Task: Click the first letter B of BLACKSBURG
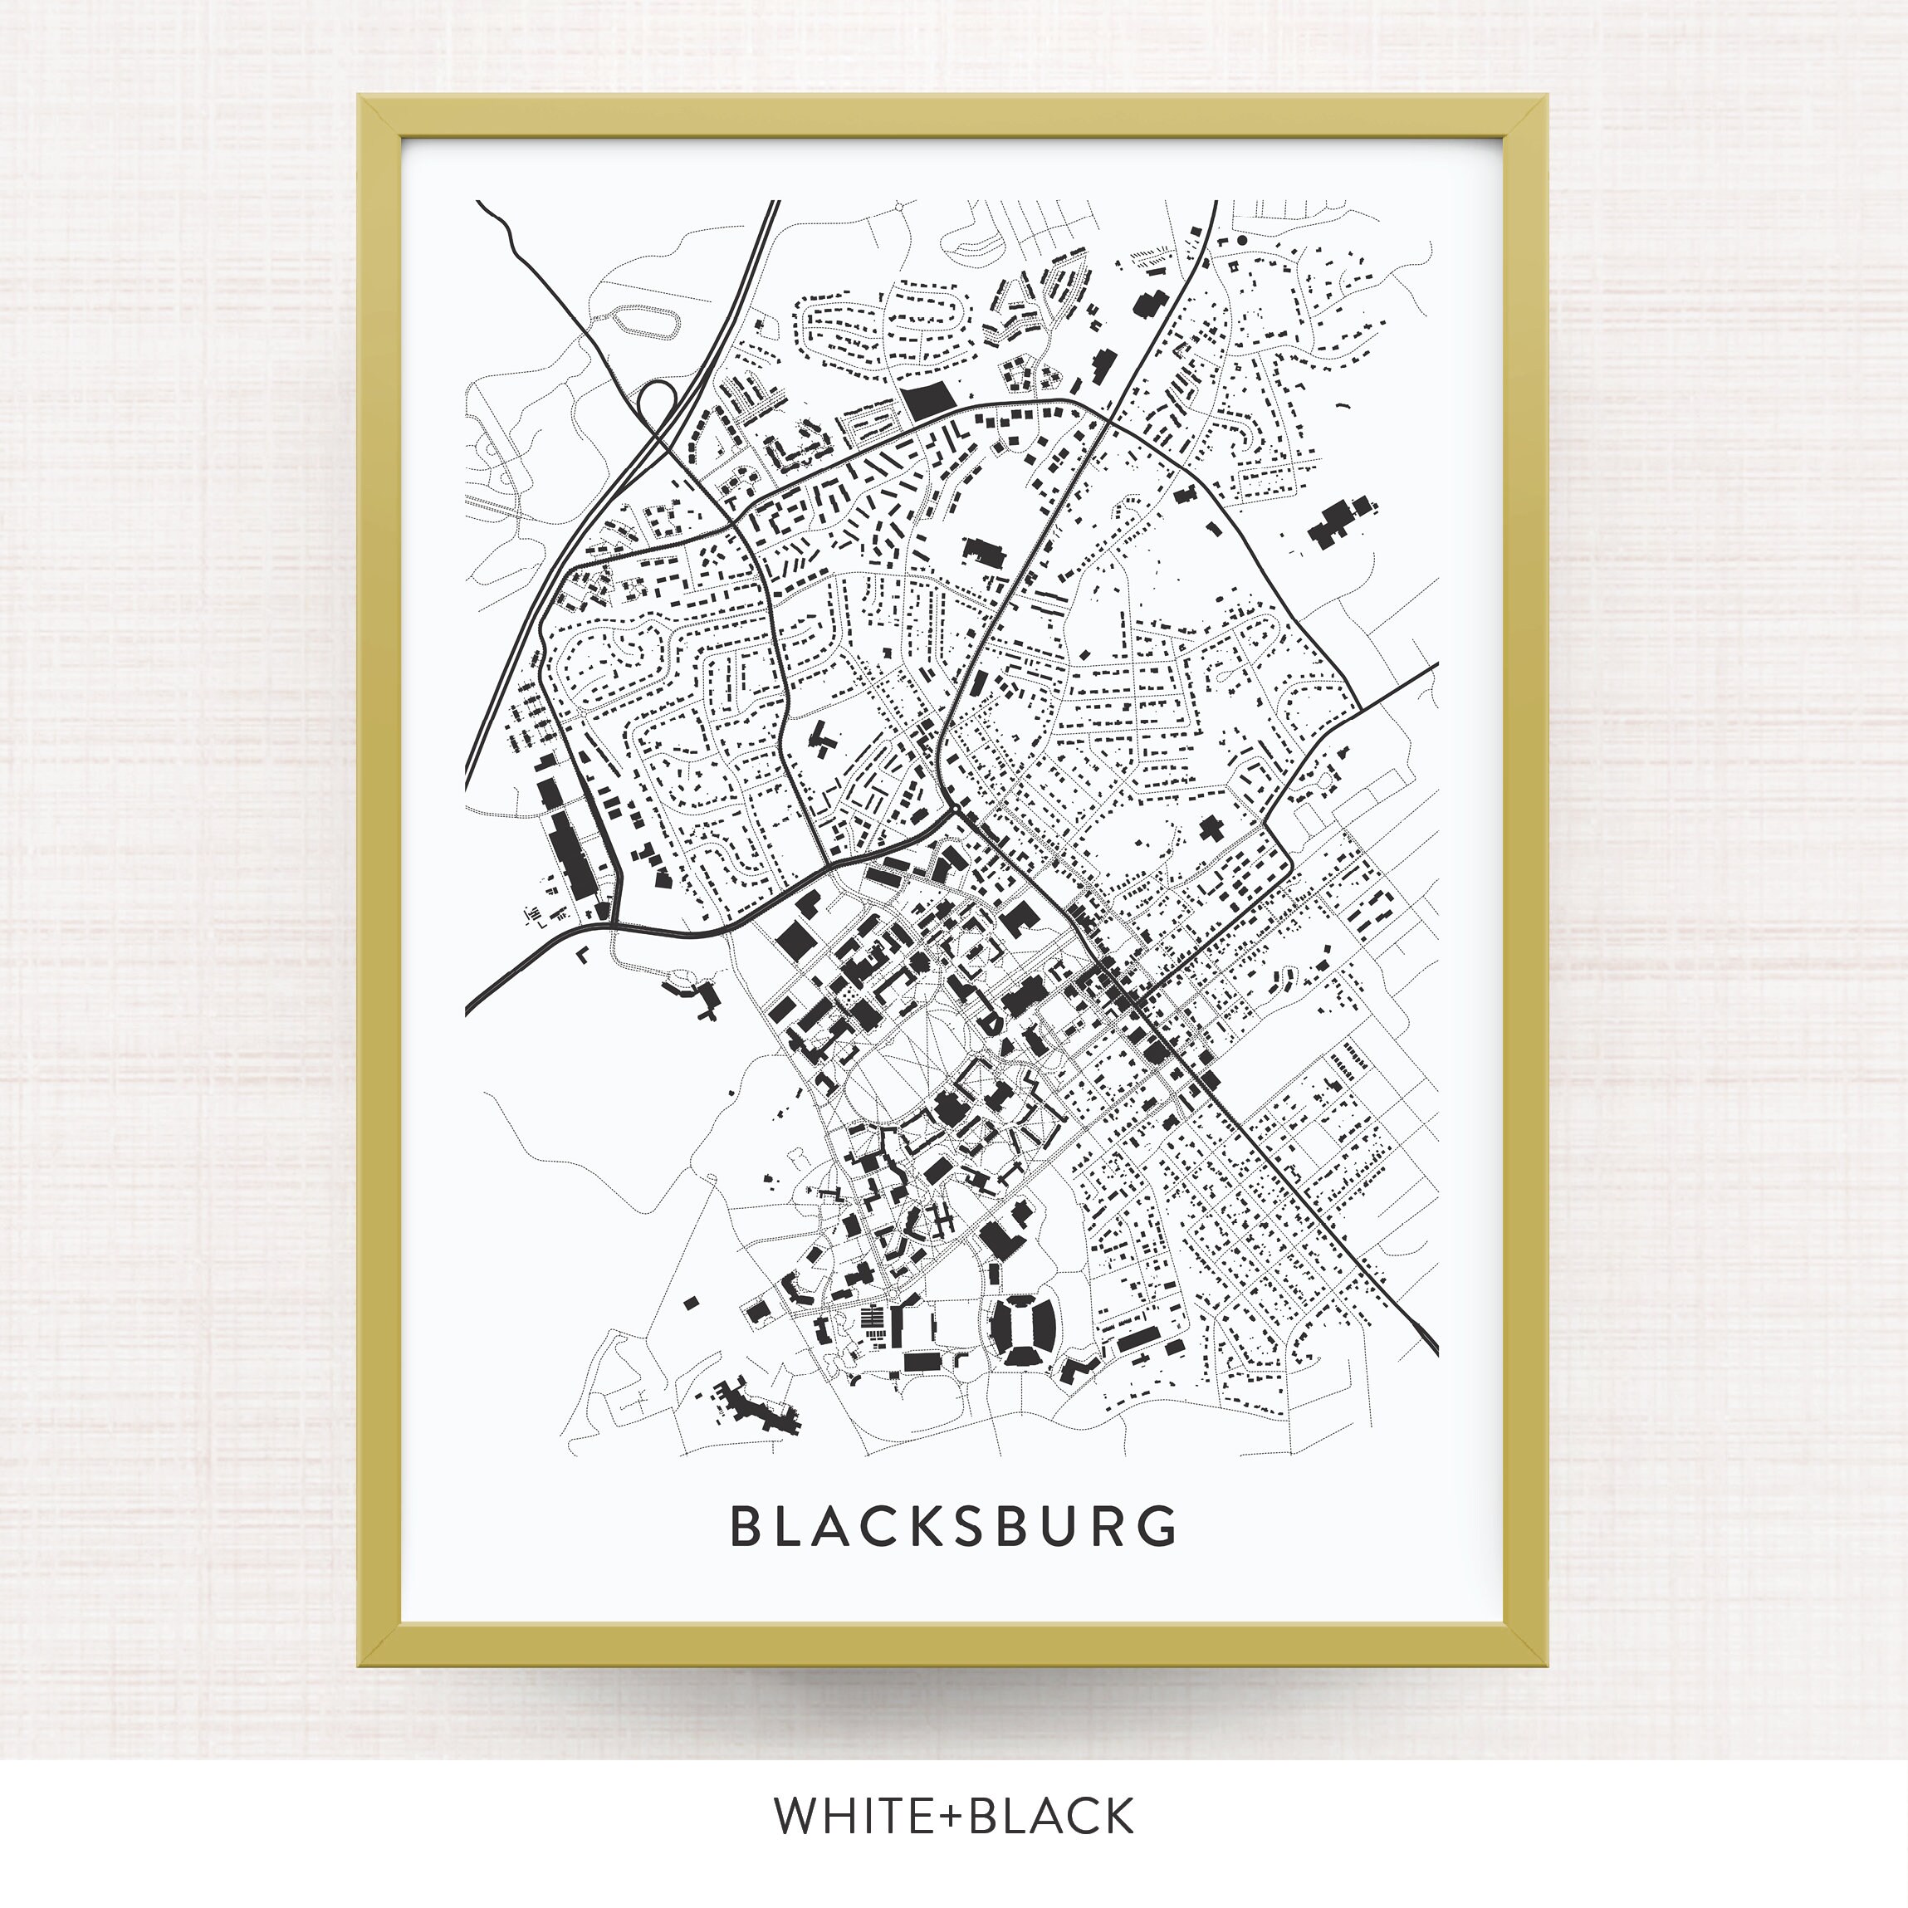tap(744, 1527)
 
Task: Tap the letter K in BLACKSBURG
tap(930, 1527)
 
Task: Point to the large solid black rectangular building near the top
tap(926, 400)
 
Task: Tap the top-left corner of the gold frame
tap(361, 98)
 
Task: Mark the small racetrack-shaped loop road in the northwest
tap(647, 322)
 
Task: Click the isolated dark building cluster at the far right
tap(1339, 518)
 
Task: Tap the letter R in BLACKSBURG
tap(1115, 1527)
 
